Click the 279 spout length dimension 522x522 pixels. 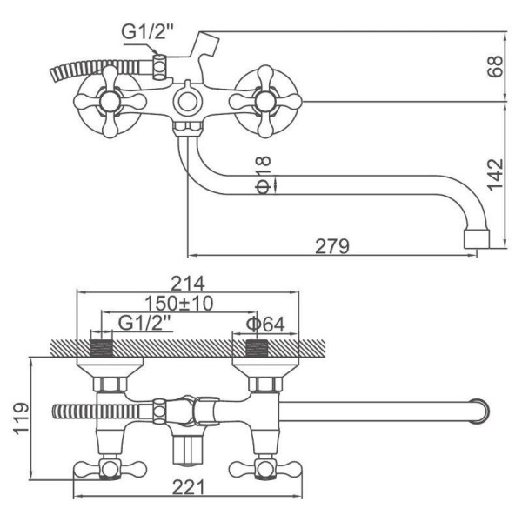point(332,246)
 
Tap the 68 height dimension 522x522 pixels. point(495,67)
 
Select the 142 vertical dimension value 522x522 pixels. point(495,175)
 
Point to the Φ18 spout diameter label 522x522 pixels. point(263,175)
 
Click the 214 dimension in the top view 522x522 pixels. point(187,284)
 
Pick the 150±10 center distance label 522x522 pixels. point(178,304)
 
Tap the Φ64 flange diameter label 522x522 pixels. point(265,325)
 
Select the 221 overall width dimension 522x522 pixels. point(189,487)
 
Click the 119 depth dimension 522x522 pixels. point(21,418)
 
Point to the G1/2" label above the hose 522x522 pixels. point(148,31)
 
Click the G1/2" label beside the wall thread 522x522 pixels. point(144,323)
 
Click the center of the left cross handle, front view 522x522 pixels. point(110,102)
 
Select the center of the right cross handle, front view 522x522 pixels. point(265,102)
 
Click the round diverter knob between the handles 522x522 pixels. point(187,102)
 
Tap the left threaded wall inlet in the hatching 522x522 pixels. point(102,348)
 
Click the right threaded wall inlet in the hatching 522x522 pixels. point(257,348)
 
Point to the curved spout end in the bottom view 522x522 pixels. point(482,412)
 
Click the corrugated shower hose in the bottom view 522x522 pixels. point(97,411)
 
